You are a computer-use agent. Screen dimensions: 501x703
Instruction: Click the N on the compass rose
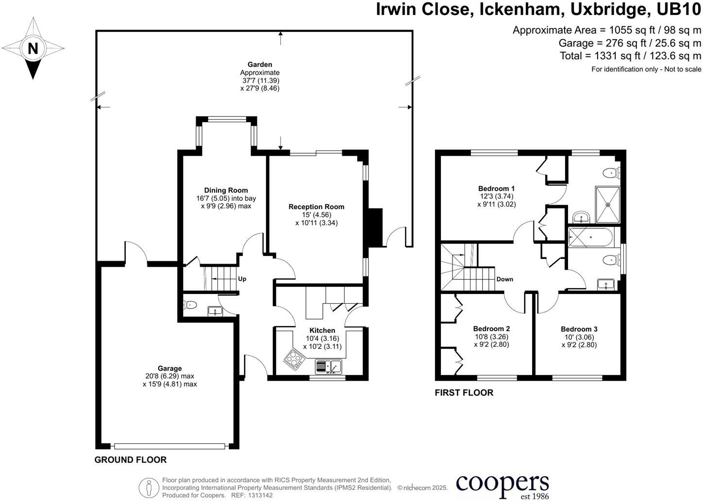click(33, 48)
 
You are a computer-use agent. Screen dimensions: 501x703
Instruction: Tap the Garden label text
click(260, 65)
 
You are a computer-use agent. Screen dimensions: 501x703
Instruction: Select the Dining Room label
click(226, 190)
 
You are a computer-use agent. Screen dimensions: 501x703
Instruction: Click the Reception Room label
click(316, 207)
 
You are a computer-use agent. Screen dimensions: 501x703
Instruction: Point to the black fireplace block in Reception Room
click(374, 228)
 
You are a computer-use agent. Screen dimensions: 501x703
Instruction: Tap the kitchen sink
click(329, 366)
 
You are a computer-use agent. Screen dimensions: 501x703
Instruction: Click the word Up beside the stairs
click(242, 279)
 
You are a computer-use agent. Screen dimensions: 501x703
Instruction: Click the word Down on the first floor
click(505, 279)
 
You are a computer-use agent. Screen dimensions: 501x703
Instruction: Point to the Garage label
click(169, 368)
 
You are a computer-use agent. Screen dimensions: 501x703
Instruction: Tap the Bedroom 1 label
click(496, 188)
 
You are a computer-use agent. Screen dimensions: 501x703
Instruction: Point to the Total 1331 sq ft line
click(630, 56)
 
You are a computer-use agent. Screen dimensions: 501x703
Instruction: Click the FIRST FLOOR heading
click(464, 393)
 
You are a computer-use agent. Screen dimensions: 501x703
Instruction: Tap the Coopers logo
click(502, 485)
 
